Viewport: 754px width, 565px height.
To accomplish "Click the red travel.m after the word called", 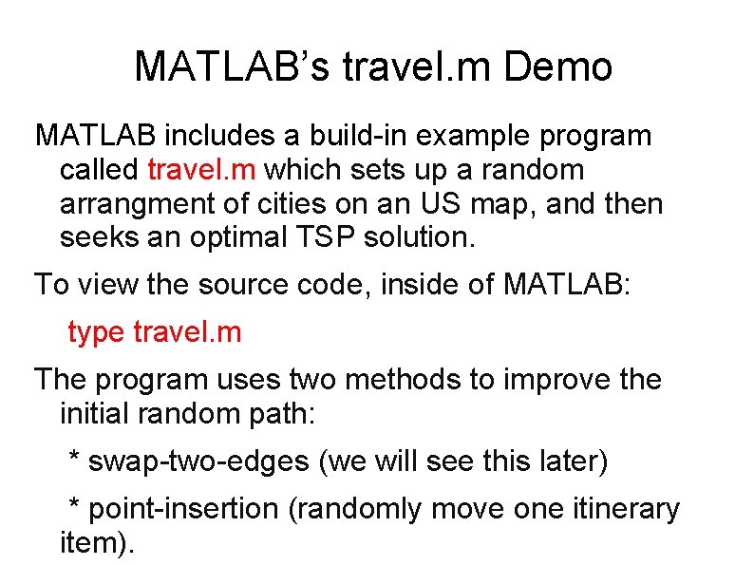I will coord(202,170).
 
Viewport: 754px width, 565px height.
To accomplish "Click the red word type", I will coord(96,332).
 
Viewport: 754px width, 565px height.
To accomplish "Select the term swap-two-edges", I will coord(198,461).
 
